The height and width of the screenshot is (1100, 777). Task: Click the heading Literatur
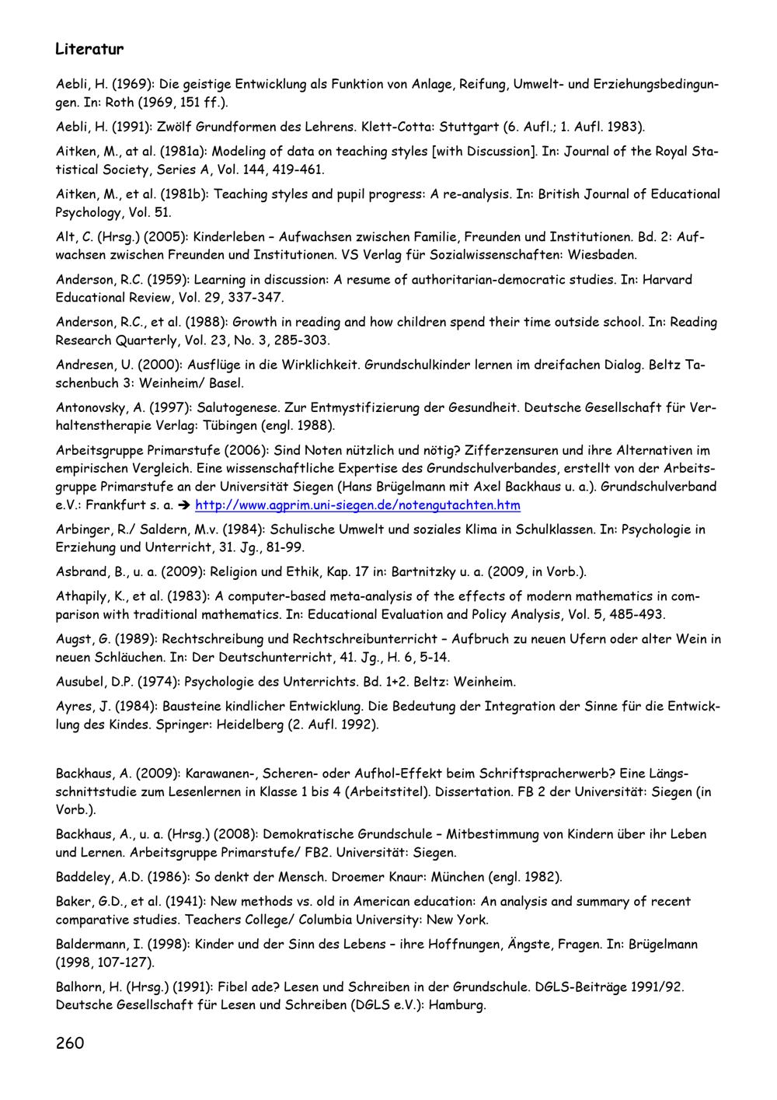point(89,50)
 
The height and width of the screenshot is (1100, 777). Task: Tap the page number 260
point(70,1042)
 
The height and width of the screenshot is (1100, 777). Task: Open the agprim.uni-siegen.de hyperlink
point(357,505)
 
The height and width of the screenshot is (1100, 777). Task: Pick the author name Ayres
point(75,707)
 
